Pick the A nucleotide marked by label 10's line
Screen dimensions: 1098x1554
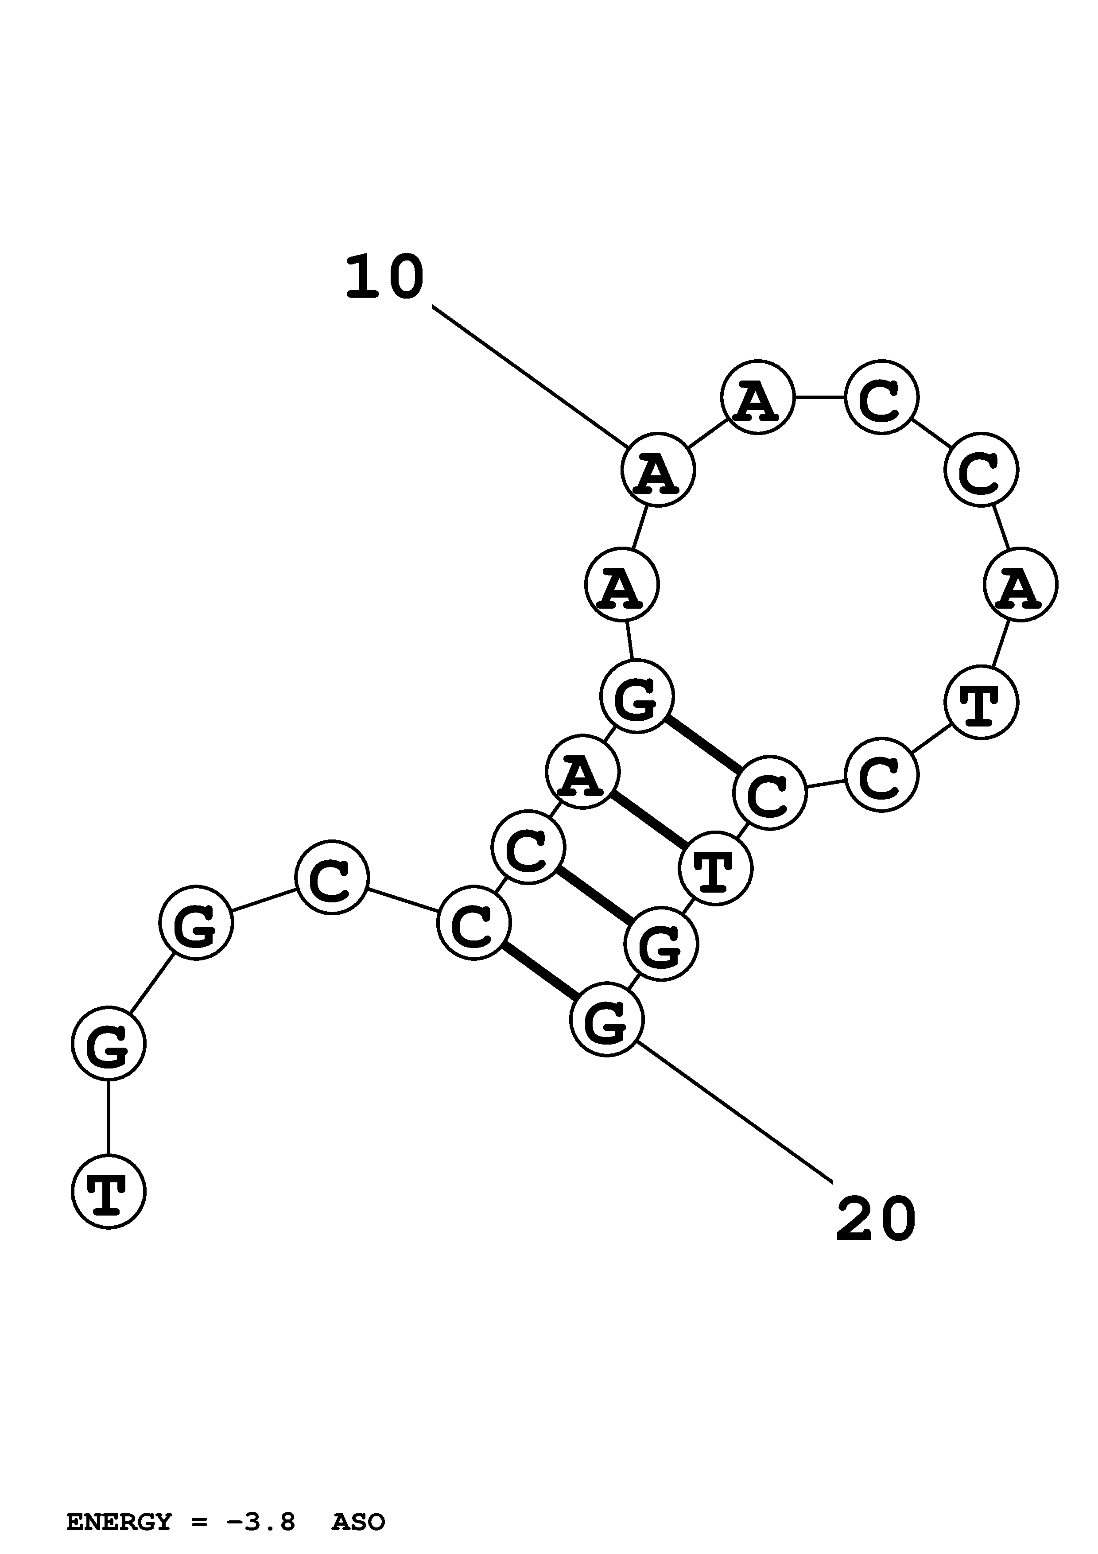point(658,469)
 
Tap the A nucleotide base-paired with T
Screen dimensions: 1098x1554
point(582,772)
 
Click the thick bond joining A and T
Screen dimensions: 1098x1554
point(649,820)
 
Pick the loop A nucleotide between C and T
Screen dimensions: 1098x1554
point(1020,584)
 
